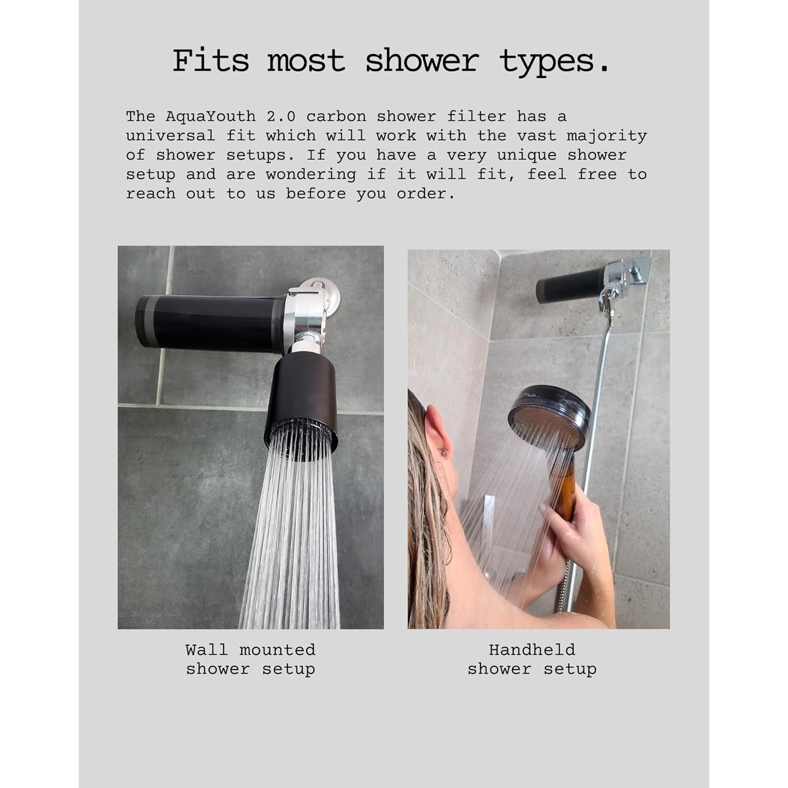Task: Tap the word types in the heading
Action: click(x=554, y=61)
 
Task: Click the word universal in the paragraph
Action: click(x=170, y=136)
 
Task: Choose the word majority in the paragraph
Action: click(x=607, y=136)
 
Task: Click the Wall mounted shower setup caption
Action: click(x=251, y=659)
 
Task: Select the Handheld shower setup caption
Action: click(x=532, y=659)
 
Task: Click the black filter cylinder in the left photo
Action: click(x=210, y=323)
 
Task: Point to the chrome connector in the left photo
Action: click(x=305, y=326)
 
